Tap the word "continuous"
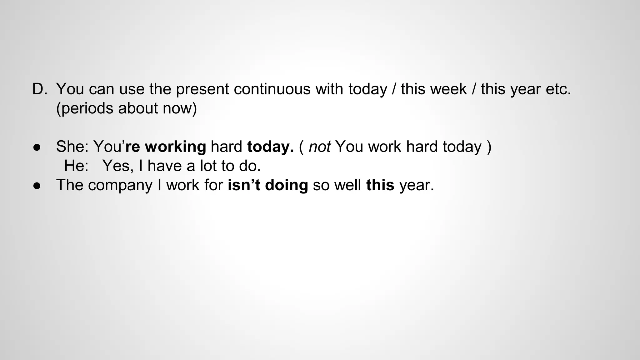[272, 89]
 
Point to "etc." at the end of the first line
[558, 89]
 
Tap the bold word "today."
[270, 147]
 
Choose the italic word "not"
[319, 147]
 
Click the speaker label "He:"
[76, 166]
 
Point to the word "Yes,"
[118, 166]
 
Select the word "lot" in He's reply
[208, 166]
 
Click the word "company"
[120, 185]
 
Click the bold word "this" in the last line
[380, 185]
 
